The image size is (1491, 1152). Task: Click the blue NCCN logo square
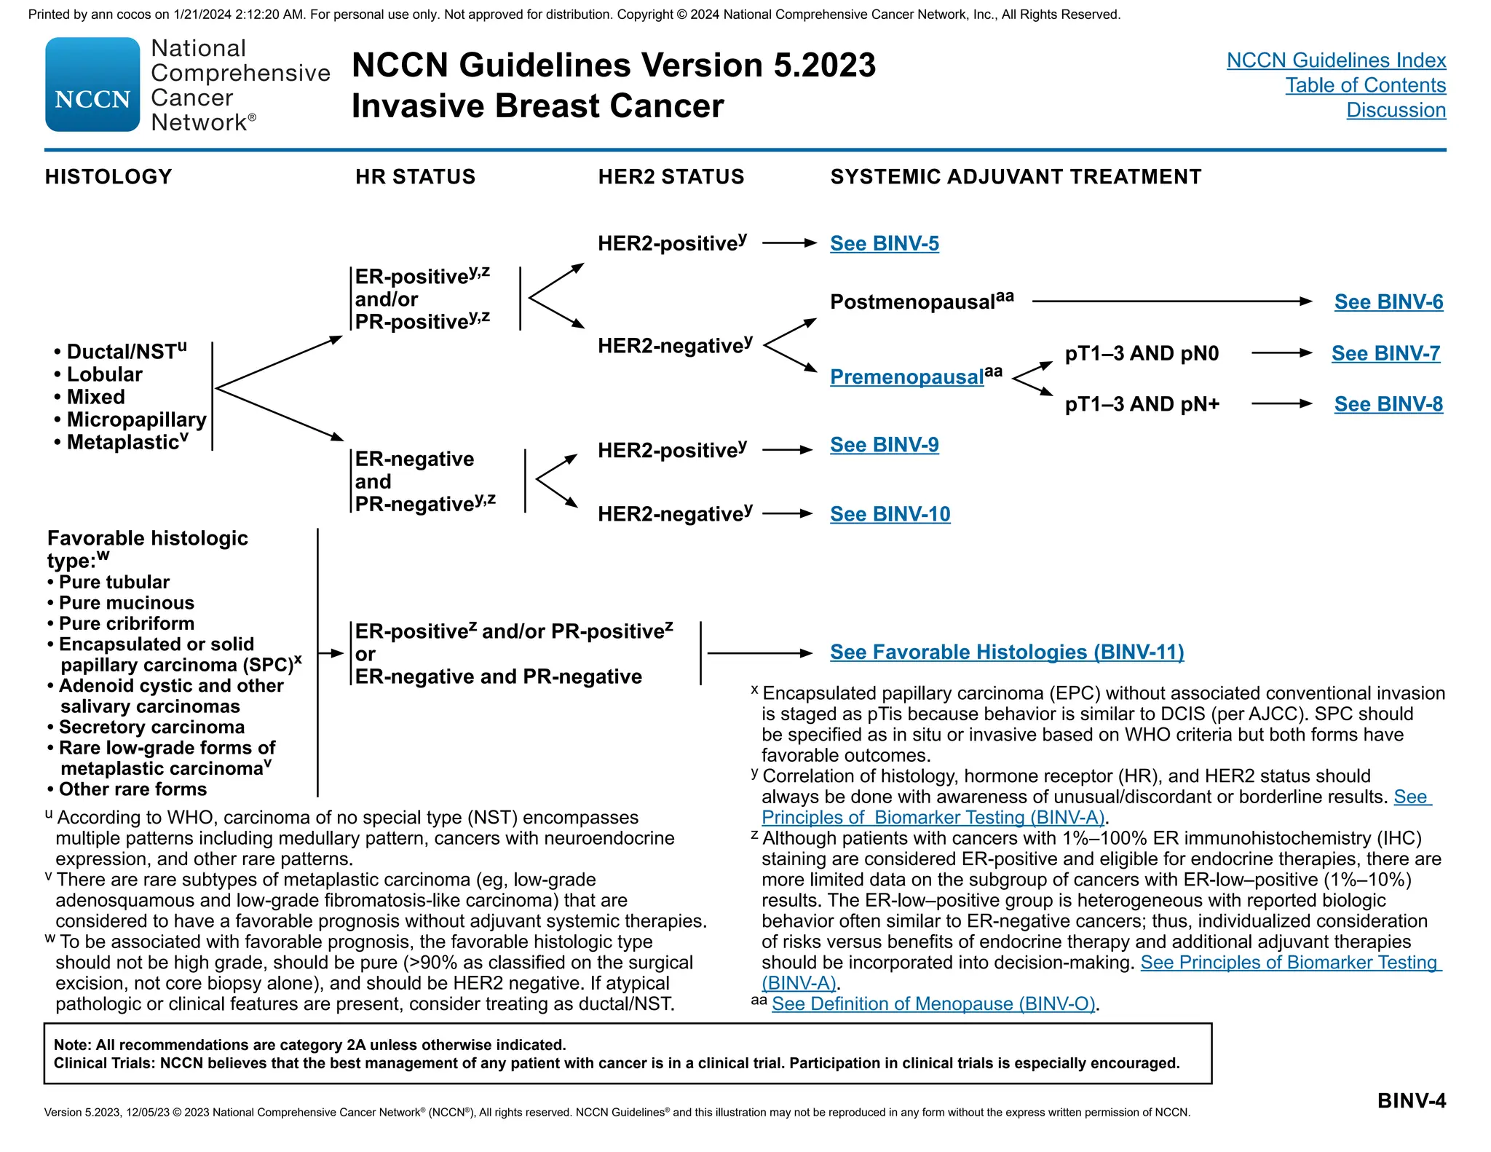point(92,84)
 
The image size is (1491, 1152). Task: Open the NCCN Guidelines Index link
point(1336,60)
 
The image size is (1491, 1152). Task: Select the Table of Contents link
point(1365,85)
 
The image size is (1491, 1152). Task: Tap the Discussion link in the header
point(1396,110)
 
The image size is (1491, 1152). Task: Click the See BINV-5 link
point(885,243)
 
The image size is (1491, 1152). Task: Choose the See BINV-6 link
point(1388,301)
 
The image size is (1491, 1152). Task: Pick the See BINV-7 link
point(1385,353)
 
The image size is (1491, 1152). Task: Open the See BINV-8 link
point(1388,404)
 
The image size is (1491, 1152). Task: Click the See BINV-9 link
point(885,445)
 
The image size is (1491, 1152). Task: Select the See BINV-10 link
point(890,514)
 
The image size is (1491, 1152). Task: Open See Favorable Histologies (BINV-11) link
point(1007,652)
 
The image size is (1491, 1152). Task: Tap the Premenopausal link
point(907,376)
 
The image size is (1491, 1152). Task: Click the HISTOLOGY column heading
point(108,177)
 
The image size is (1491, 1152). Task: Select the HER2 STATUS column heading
point(671,177)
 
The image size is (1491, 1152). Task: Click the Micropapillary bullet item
point(136,419)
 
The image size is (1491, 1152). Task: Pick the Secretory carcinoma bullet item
point(151,727)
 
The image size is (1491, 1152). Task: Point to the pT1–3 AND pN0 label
point(1142,354)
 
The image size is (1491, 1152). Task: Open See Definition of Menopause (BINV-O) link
point(933,1004)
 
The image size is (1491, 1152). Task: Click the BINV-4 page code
point(1411,1100)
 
